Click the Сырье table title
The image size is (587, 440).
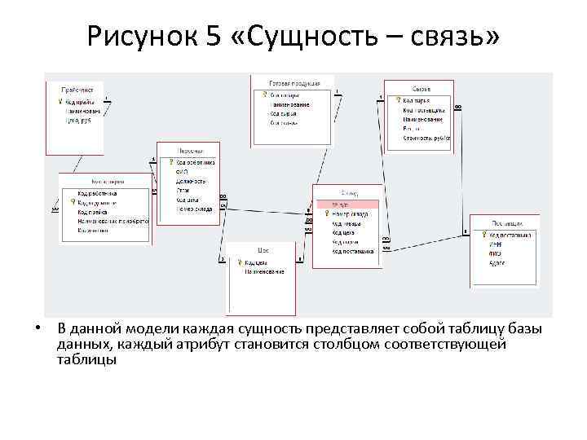click(x=421, y=89)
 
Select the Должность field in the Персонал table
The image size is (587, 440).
click(x=192, y=181)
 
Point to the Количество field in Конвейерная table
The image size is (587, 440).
click(x=93, y=230)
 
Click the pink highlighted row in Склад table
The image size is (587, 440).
click(x=346, y=204)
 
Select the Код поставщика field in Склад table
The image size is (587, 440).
click(x=352, y=252)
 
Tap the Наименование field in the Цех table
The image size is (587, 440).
click(x=264, y=271)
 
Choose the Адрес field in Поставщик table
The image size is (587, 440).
click(x=497, y=262)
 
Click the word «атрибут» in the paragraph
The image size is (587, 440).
click(x=197, y=344)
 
